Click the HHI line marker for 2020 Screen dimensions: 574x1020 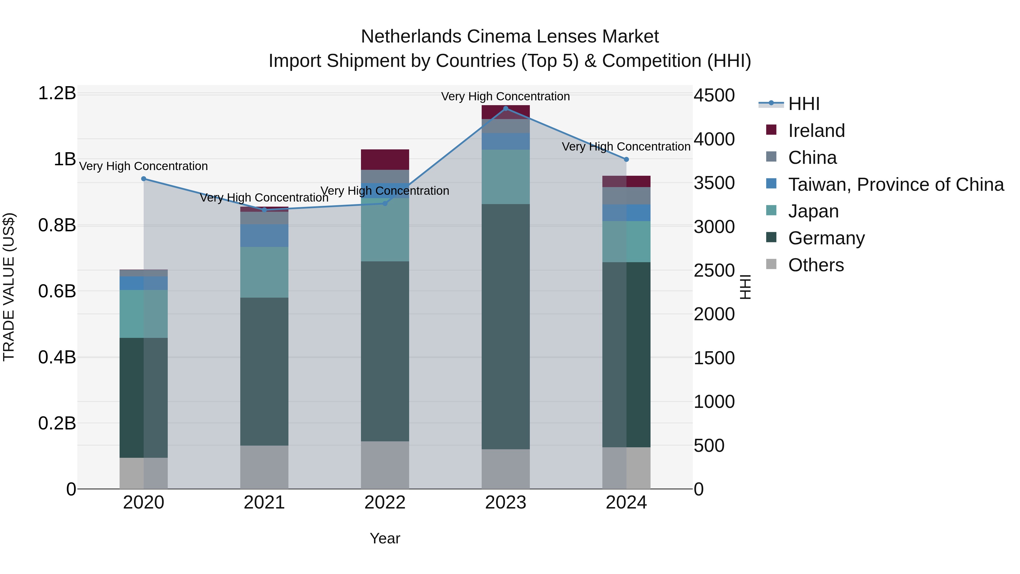[144, 179]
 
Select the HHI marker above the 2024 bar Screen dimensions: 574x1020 [626, 159]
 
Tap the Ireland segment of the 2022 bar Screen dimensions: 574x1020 [384, 159]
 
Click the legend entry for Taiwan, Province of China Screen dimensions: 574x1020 [896, 185]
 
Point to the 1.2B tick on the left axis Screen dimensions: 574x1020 [57, 94]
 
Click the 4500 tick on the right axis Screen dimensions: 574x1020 [714, 96]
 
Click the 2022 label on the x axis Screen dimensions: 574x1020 [384, 503]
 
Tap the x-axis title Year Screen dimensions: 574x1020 [384, 538]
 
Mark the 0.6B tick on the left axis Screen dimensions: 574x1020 [57, 291]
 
